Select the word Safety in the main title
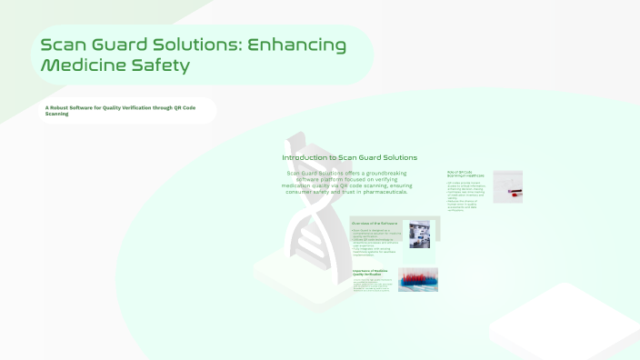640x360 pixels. (x=163, y=65)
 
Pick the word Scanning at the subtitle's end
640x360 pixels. (x=56, y=115)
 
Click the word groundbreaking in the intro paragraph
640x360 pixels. (x=384, y=173)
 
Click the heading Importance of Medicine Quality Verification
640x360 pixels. (x=372, y=272)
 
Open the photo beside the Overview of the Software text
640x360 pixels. (x=419, y=235)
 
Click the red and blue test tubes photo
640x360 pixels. (x=418, y=278)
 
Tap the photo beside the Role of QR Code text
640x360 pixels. (x=507, y=185)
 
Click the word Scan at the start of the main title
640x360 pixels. (x=65, y=45)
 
